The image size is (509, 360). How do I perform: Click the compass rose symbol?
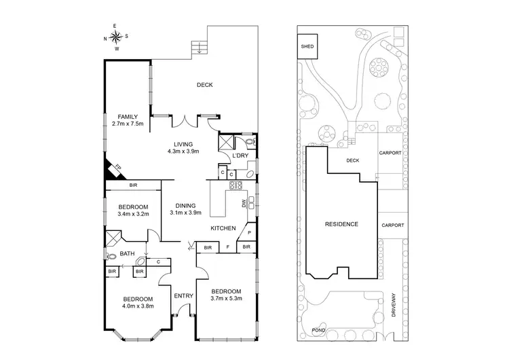point(116,37)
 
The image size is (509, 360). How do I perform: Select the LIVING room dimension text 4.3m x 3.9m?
point(183,152)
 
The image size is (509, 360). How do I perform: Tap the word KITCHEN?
point(223,228)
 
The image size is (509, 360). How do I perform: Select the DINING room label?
point(185,206)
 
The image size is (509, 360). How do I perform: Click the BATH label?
point(128,254)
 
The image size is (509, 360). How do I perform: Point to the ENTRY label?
point(184,295)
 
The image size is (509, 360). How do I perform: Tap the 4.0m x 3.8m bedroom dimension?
point(138,307)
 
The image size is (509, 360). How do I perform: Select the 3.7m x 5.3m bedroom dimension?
point(226,299)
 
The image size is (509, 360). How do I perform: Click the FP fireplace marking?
point(116,166)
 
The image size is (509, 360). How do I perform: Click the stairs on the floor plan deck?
point(199,47)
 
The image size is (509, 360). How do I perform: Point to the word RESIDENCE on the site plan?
point(341,224)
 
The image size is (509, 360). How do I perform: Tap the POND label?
point(318,331)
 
